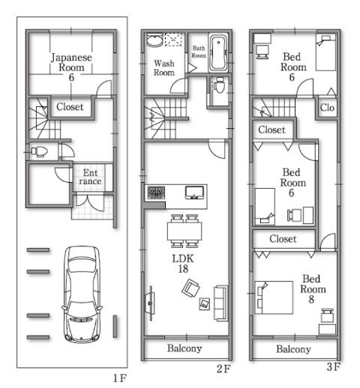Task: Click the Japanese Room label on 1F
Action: tap(72, 67)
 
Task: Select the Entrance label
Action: tap(91, 177)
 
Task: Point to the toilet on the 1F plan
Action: tap(40, 151)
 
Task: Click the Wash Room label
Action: tap(164, 68)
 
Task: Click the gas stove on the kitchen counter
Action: tap(156, 193)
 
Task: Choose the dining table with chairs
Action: tap(184, 231)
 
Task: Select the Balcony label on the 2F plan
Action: tap(184, 349)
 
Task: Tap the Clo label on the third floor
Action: tap(327, 108)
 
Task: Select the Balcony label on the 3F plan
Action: tap(293, 349)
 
